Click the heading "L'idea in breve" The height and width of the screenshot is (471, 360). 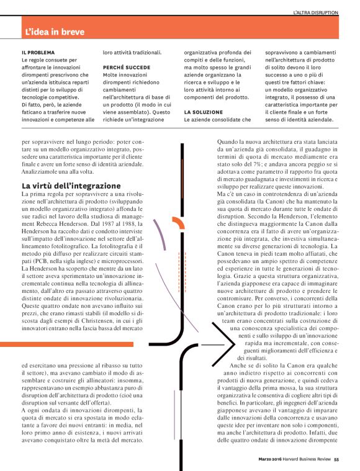[x=55, y=31]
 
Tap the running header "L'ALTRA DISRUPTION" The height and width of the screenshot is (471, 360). [x=315, y=12]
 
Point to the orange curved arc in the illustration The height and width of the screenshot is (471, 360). [x=176, y=223]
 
